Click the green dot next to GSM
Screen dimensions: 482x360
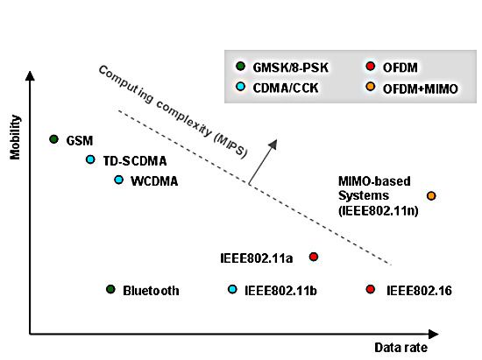point(53,139)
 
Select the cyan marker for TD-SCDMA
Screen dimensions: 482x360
point(90,159)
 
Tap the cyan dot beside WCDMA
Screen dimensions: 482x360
point(118,180)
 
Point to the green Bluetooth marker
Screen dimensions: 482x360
point(110,289)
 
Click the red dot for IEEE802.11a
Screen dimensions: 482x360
point(314,257)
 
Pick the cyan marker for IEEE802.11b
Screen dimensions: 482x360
point(232,289)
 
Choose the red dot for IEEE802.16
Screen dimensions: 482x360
point(371,289)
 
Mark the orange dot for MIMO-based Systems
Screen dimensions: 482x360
point(431,195)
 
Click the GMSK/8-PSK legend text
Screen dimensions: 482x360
point(290,67)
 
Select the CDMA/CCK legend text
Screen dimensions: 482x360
point(286,88)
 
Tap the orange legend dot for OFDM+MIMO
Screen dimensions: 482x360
point(371,87)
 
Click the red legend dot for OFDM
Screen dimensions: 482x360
point(371,66)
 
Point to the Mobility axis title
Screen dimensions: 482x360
point(15,138)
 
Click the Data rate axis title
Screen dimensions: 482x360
point(400,348)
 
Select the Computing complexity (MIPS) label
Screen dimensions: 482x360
point(173,112)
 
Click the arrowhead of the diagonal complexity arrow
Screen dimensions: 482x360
point(273,145)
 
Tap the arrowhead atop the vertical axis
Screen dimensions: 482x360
point(30,75)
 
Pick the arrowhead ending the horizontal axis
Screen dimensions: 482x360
point(434,335)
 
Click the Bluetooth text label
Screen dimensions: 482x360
point(151,291)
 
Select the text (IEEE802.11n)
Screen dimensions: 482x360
point(379,211)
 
